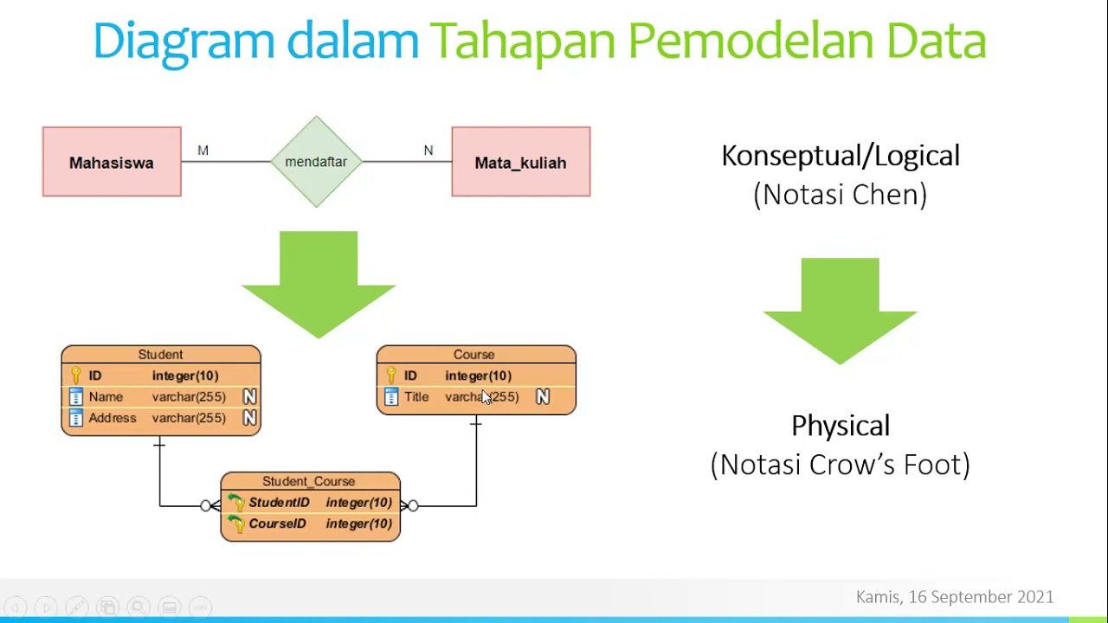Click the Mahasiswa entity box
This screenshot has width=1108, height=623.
[x=112, y=162]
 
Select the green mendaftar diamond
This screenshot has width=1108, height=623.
[x=316, y=162]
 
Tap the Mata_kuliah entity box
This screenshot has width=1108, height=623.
[x=520, y=162]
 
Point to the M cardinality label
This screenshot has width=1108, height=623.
[x=203, y=151]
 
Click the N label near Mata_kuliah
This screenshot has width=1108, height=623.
[x=428, y=151]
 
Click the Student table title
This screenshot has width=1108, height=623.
[x=160, y=355]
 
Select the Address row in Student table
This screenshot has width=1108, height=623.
[x=113, y=418]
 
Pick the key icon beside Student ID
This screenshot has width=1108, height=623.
[x=75, y=376]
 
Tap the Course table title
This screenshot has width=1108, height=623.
[x=473, y=355]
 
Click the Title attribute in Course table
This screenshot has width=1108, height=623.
[x=416, y=396]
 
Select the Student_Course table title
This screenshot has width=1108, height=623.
[x=309, y=481]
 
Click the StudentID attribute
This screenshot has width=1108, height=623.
[x=279, y=503]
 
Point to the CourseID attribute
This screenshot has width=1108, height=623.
[x=277, y=523]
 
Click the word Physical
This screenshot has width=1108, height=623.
[x=841, y=426]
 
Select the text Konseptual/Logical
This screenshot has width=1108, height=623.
[x=841, y=156]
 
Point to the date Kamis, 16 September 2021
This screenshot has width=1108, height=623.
[x=955, y=597]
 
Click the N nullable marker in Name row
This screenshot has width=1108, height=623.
[x=249, y=396]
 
